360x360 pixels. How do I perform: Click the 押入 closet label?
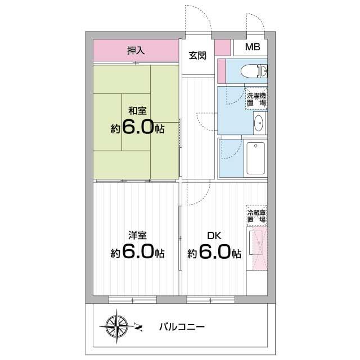tap(136, 51)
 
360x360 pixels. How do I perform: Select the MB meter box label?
tap(252, 47)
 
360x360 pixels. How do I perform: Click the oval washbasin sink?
tap(259, 123)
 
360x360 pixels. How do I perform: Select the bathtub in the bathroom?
tap(256, 158)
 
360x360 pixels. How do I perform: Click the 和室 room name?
tap(137, 110)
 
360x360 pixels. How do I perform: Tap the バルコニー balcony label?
tap(181, 326)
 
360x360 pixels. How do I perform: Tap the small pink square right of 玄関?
tap(223, 47)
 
